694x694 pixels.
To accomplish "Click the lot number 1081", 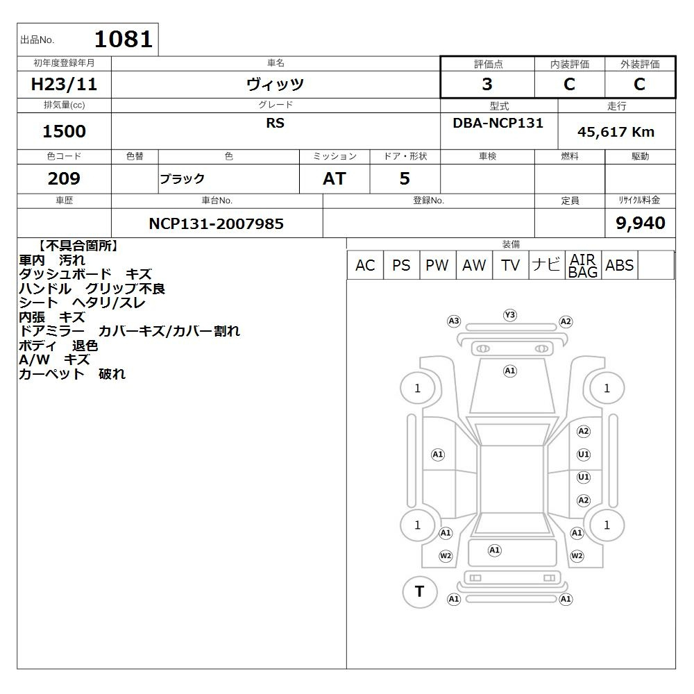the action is coord(124,39).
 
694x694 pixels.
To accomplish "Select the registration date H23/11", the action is coord(64,84).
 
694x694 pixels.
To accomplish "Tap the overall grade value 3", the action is coord(487,84).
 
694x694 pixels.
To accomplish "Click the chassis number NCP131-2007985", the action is coord(216,223).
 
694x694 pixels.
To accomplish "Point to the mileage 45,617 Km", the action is coord(616,132).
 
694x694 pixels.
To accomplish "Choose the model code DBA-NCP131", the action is coord(498,123).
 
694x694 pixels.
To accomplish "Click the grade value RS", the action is coord(275,123).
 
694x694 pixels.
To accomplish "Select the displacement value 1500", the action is coord(64,131).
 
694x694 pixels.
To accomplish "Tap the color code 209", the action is coord(64,178).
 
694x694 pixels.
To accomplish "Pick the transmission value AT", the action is coord(335,178).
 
